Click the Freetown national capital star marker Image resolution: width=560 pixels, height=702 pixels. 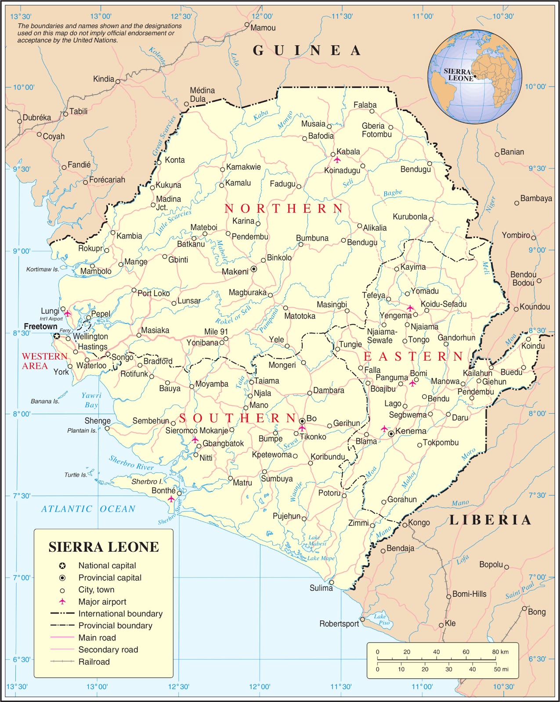(x=57, y=336)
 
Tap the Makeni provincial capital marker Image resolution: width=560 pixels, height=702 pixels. (x=253, y=269)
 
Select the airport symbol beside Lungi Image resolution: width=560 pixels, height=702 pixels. (x=67, y=314)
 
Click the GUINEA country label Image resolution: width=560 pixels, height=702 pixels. (x=307, y=51)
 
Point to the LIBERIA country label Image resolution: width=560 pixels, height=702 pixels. (x=490, y=520)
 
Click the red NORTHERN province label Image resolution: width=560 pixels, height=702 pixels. (x=284, y=208)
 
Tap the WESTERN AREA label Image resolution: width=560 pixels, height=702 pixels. (x=44, y=361)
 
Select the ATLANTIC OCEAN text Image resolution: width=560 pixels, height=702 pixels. (x=88, y=509)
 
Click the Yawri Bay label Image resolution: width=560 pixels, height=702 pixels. (x=91, y=400)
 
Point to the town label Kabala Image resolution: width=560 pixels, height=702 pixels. (x=348, y=152)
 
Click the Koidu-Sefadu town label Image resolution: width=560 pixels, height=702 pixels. (x=444, y=304)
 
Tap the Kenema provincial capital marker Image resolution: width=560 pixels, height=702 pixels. (x=391, y=433)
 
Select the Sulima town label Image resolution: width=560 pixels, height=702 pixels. (x=321, y=588)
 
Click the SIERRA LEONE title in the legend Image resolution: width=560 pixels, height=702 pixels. (x=104, y=547)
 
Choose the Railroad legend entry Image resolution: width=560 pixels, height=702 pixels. (x=94, y=662)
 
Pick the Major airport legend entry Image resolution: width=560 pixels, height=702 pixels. (x=102, y=602)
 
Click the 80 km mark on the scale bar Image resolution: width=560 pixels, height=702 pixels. (x=500, y=652)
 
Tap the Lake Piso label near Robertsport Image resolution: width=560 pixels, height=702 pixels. (x=382, y=620)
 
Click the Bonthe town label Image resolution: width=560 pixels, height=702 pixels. (x=163, y=491)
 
